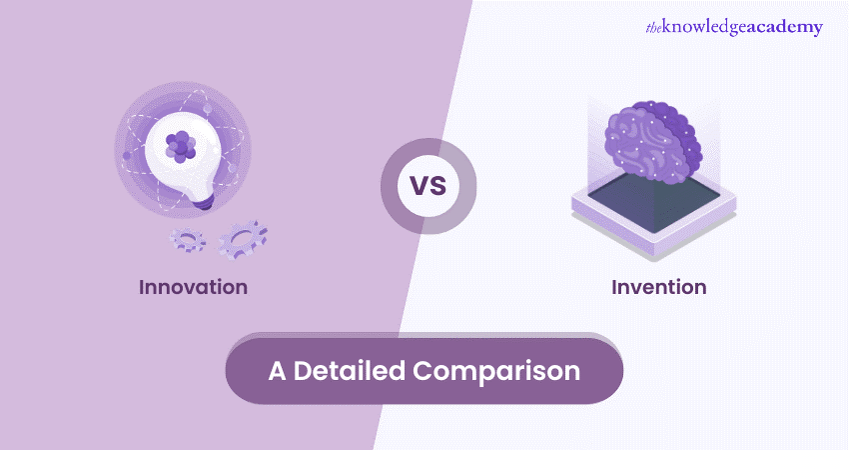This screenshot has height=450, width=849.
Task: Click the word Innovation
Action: [x=194, y=287]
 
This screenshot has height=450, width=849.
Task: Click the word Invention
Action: [x=659, y=287]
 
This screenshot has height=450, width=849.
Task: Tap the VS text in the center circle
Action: [x=428, y=186]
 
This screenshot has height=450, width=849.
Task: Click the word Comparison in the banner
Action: [x=496, y=372]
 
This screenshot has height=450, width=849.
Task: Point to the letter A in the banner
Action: [x=277, y=371]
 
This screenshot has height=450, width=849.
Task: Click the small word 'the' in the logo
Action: [x=653, y=28]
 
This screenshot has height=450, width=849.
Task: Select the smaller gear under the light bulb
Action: [x=188, y=239]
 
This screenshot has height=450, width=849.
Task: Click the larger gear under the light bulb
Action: [x=243, y=239]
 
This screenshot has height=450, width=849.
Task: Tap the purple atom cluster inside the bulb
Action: [x=181, y=146]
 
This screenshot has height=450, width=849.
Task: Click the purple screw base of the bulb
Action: [x=204, y=203]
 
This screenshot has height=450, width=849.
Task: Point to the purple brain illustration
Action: [x=653, y=140]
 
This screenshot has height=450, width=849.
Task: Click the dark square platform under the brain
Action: [x=653, y=202]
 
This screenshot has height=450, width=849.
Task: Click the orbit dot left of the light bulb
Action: [x=126, y=156]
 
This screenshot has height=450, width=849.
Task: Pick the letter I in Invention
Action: [x=614, y=287]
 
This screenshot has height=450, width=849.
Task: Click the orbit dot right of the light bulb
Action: [x=233, y=168]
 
